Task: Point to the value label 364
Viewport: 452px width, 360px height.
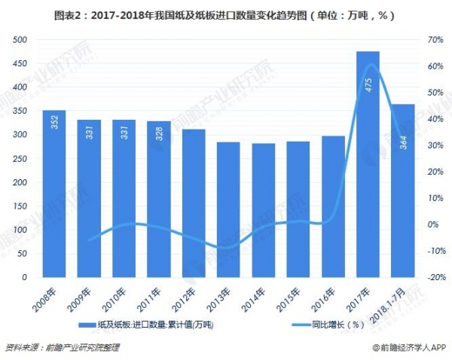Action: point(403,139)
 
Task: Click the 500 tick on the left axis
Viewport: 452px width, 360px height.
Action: point(20,39)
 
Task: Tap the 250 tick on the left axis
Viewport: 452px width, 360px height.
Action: point(20,158)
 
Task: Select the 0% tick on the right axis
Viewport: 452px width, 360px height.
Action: point(432,224)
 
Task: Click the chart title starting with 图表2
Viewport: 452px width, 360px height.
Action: point(225,13)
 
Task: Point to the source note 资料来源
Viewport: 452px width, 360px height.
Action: point(62,348)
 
